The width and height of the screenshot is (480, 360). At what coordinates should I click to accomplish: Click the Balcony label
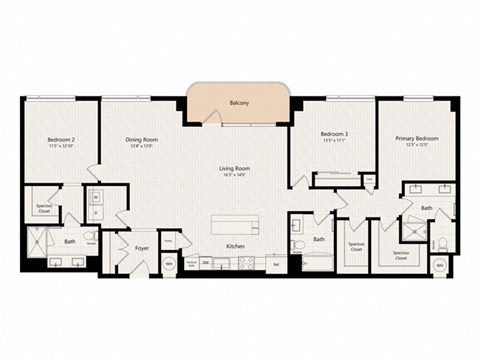(x=239, y=103)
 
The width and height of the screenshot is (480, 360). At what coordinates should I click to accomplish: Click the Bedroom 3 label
(x=333, y=134)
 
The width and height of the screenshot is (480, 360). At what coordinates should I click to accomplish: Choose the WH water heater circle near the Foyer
(x=169, y=265)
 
